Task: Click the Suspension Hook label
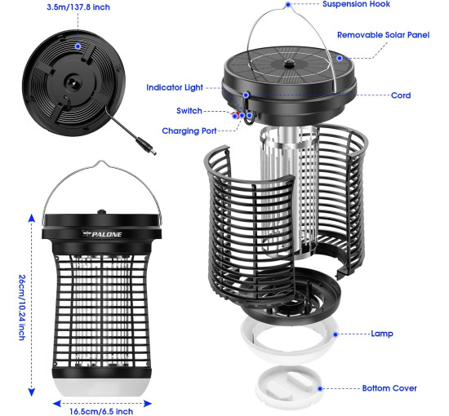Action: [x=356, y=4]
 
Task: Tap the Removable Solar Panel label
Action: [x=383, y=35]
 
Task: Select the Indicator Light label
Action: [x=175, y=87]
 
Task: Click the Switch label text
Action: [x=189, y=111]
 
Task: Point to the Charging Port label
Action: [x=189, y=131]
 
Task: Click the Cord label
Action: [x=401, y=95]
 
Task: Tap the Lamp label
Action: [x=382, y=334]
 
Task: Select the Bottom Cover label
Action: [x=389, y=388]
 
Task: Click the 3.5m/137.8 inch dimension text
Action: [x=78, y=7]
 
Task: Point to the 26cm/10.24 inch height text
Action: [x=22, y=308]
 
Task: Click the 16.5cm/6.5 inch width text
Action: [x=101, y=411]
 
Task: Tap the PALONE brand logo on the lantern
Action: [x=102, y=234]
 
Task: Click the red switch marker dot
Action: [x=235, y=116]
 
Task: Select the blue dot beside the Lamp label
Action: [x=336, y=334]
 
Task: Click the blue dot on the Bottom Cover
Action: [x=320, y=388]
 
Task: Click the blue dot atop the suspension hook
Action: [x=288, y=4]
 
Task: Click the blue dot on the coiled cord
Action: [x=78, y=46]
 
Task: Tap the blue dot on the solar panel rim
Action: [x=340, y=58]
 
